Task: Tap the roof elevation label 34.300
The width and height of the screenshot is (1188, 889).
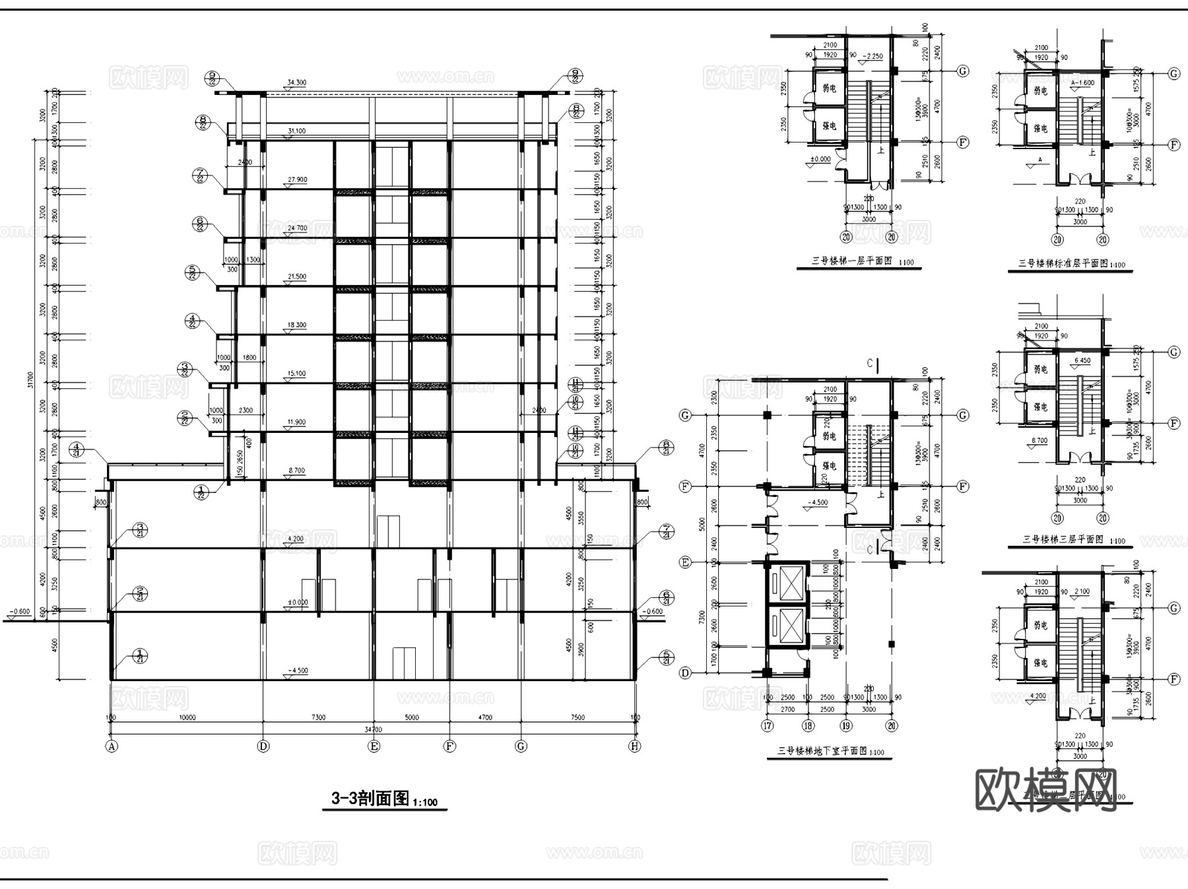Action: click(296, 83)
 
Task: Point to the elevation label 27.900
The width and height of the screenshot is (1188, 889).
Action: click(297, 180)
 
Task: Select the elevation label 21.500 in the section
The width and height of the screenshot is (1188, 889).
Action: click(296, 277)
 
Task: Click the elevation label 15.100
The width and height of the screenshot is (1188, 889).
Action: click(296, 374)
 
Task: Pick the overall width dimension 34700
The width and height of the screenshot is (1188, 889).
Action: click(374, 729)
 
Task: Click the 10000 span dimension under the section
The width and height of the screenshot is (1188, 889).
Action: click(187, 717)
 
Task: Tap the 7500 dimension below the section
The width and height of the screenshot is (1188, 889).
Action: click(577, 717)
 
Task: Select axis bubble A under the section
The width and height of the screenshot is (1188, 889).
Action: click(112, 746)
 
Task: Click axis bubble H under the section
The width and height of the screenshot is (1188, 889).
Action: click(634, 746)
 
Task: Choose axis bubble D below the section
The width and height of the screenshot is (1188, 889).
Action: click(263, 746)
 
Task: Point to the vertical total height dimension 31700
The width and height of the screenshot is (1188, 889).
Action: click(31, 379)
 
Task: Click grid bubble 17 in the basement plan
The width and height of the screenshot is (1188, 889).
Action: click(767, 726)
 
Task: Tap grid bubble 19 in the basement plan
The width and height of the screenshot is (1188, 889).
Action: click(846, 726)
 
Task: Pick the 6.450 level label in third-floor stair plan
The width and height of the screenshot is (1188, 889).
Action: click(1082, 361)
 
